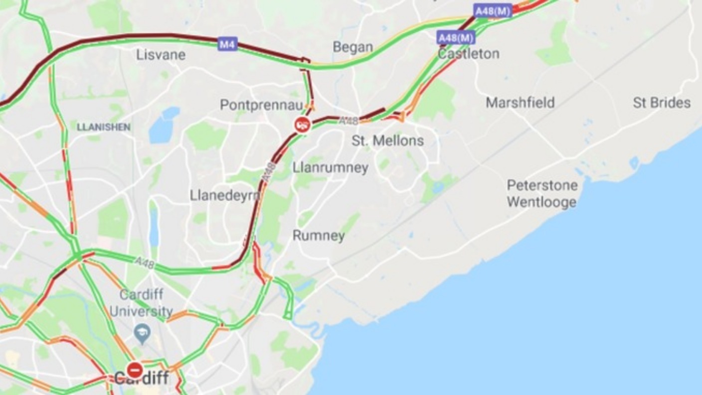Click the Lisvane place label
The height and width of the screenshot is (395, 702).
point(161,55)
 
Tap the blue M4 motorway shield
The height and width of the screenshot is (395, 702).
point(227,44)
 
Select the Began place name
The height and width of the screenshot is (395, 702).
point(352,47)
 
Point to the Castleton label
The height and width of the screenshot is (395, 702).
point(469,54)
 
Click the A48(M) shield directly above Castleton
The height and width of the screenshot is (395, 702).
point(456,37)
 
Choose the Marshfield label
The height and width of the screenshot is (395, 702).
point(520,103)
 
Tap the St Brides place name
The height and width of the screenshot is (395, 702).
point(662,103)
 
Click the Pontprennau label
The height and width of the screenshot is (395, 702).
point(261,105)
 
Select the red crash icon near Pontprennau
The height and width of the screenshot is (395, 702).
point(303,125)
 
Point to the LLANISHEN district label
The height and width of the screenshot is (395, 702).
point(104,127)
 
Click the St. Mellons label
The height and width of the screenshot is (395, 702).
point(387,140)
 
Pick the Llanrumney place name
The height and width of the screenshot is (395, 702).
point(330,167)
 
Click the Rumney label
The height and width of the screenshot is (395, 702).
point(318,236)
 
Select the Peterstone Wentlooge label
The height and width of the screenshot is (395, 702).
point(542,194)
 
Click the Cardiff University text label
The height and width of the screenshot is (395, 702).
point(141,303)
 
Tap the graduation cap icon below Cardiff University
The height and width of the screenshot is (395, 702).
point(142,333)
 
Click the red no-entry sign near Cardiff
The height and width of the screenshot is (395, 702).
point(135,370)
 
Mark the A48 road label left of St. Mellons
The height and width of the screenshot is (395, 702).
point(349,121)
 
